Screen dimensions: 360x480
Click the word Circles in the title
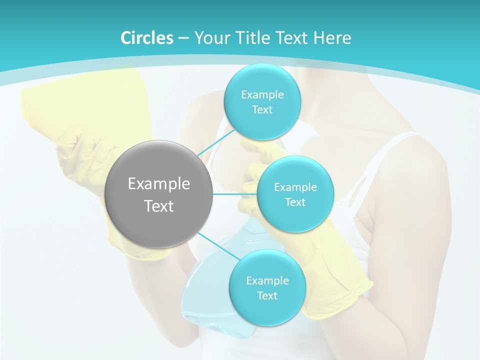147,38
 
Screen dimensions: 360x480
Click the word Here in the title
332,38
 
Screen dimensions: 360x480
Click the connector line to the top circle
216,142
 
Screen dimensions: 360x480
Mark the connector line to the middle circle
235,193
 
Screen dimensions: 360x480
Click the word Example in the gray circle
159,184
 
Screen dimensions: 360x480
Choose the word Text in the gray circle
159,206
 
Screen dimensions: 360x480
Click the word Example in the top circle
262,95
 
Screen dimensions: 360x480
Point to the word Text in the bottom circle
267,295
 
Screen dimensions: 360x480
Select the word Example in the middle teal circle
295,187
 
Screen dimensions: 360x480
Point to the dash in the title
183,38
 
